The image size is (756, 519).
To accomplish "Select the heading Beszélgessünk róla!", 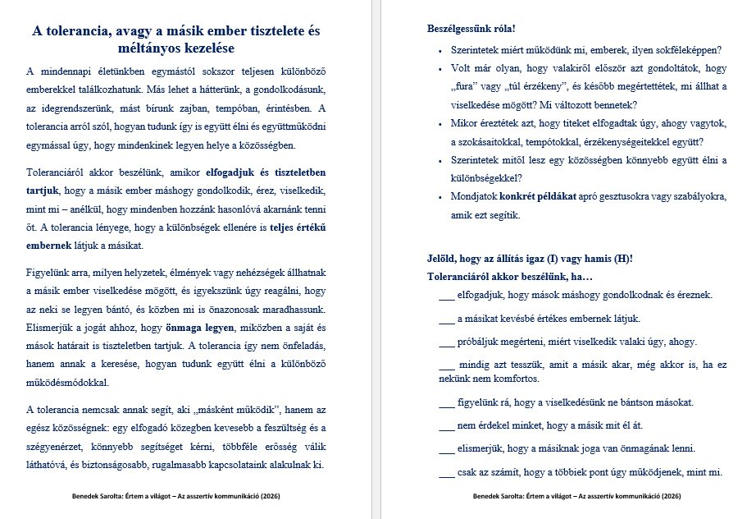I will tap(466, 29).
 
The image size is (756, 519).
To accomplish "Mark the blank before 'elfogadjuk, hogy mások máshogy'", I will tap(447, 295).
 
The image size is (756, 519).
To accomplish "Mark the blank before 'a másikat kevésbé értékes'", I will tap(447, 319).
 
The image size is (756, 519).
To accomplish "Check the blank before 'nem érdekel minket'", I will tap(447, 425).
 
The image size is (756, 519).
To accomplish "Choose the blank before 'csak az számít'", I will tap(447, 472).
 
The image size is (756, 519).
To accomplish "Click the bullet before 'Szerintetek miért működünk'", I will tap(441, 51).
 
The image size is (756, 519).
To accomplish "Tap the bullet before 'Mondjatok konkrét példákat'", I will tap(441, 197).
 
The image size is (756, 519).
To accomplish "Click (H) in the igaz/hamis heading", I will tap(623, 259).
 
